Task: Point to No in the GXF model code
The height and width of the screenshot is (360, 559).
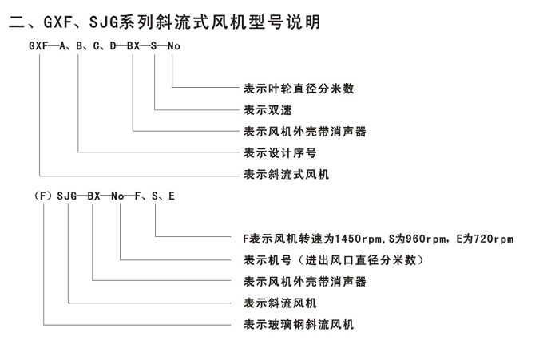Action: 173,45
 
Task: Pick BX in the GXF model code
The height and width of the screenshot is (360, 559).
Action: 134,45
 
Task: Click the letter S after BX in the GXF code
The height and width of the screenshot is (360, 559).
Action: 154,45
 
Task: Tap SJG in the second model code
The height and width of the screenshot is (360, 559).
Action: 68,195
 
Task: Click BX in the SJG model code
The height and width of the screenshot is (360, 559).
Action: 94,195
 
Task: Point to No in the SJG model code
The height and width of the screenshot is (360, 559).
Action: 118,195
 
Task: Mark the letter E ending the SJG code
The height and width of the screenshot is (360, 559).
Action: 172,195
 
